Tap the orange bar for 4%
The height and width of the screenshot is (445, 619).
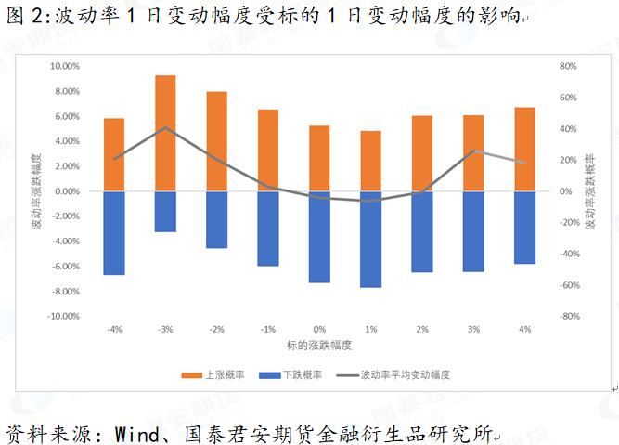click(x=524, y=149)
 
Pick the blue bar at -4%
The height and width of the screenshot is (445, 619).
click(x=114, y=232)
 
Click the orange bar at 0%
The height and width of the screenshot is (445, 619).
click(x=319, y=158)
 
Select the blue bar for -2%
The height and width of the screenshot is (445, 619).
click(x=216, y=219)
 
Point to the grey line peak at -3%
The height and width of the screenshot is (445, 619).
click(x=165, y=127)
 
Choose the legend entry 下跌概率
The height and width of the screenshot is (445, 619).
click(x=295, y=374)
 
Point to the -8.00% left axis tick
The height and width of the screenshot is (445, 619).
click(x=66, y=291)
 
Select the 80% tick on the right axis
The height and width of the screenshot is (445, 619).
click(x=568, y=66)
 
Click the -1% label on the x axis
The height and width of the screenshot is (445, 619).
click(x=267, y=329)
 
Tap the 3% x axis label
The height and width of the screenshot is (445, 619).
click(x=473, y=329)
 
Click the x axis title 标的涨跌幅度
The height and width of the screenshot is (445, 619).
click(x=320, y=345)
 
